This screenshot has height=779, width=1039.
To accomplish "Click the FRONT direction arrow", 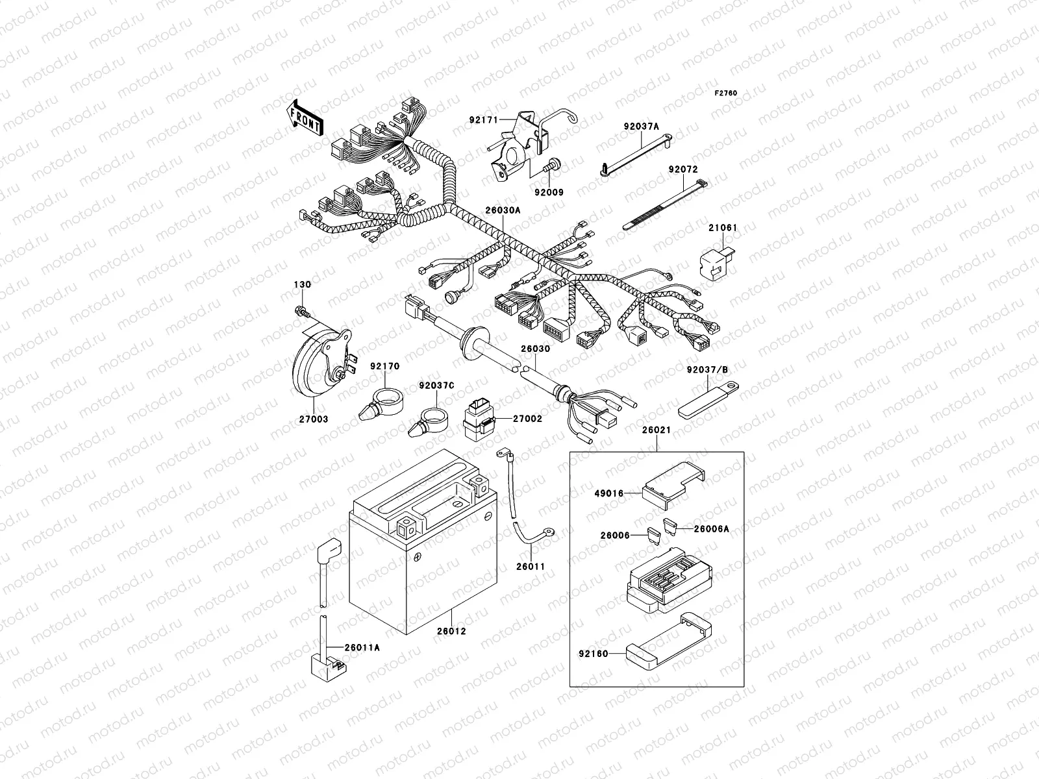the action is pyautogui.click(x=305, y=117).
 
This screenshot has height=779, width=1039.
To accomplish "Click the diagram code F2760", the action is pyautogui.click(x=726, y=93).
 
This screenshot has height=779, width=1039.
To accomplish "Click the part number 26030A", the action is pyautogui.click(x=502, y=210).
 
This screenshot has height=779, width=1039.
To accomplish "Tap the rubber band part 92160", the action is pyautogui.click(x=669, y=643).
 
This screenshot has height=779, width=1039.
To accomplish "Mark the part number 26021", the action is pyautogui.click(x=656, y=430).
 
